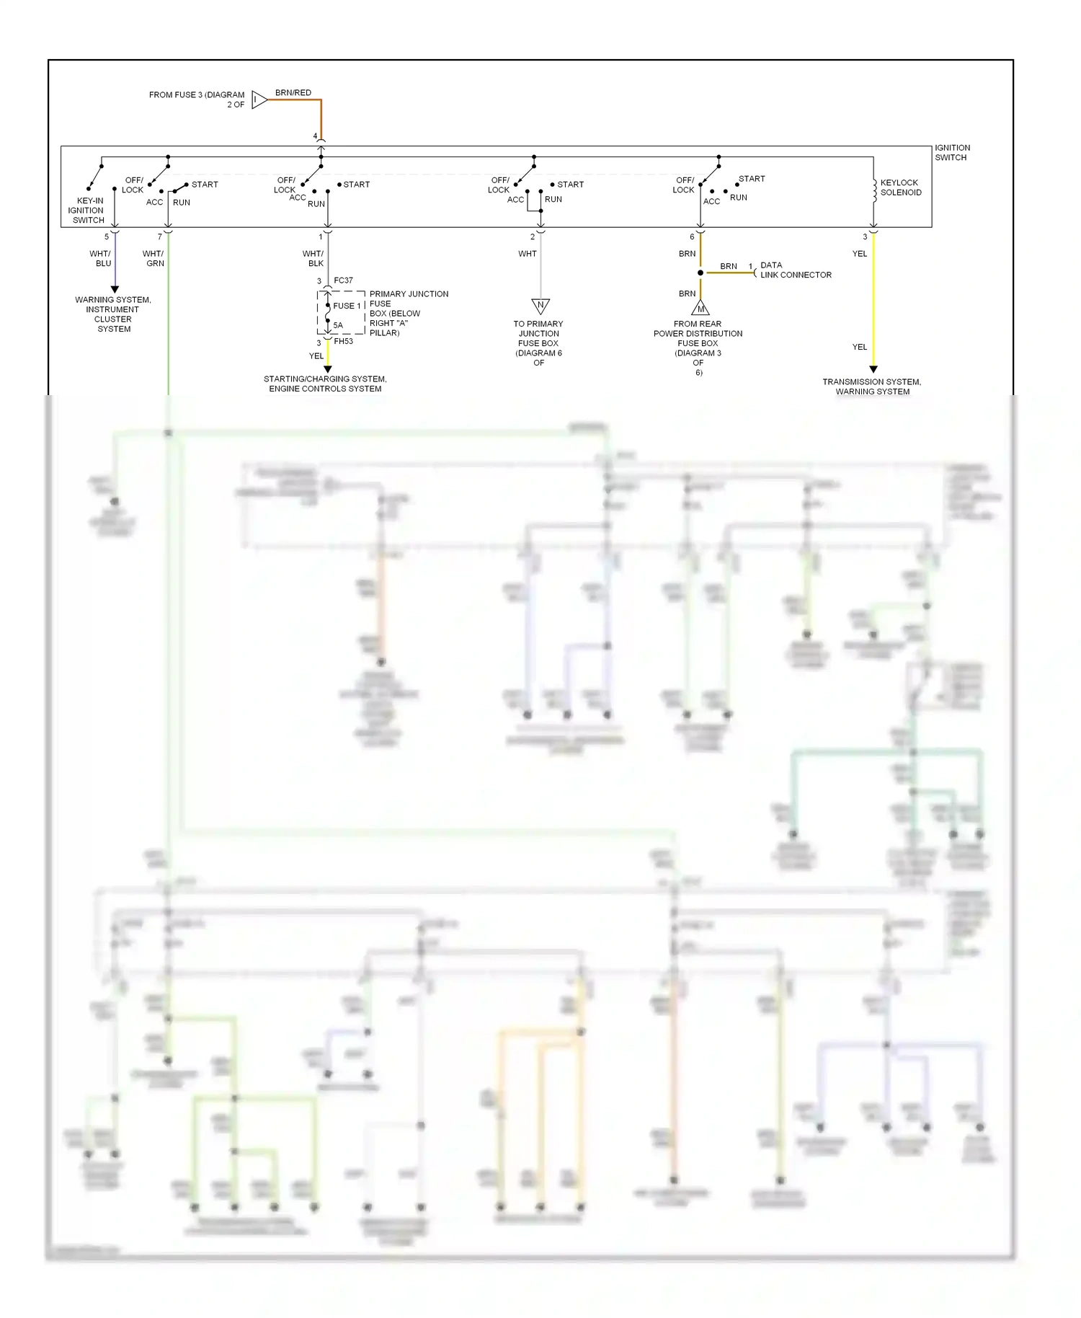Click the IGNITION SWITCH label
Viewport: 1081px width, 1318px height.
[952, 152]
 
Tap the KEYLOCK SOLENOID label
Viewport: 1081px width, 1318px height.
[900, 187]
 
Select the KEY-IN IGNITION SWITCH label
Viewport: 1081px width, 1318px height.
[88, 211]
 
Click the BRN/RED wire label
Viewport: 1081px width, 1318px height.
[293, 92]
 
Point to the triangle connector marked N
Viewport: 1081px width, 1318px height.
[540, 306]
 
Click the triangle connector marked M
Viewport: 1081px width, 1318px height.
[700, 309]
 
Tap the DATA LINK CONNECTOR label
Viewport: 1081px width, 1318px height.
[796, 270]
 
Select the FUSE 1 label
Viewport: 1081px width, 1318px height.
[347, 306]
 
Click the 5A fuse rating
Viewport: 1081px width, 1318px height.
[338, 325]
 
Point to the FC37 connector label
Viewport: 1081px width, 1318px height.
[344, 280]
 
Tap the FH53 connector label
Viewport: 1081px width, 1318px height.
[344, 341]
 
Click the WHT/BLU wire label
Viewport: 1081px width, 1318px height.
[101, 258]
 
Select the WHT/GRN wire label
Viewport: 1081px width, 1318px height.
[154, 258]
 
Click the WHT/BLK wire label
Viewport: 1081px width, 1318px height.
[313, 258]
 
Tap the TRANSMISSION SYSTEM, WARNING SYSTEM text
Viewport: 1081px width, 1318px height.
[872, 386]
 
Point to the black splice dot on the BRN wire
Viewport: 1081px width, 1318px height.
[700, 273]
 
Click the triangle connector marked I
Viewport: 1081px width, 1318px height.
[258, 99]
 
